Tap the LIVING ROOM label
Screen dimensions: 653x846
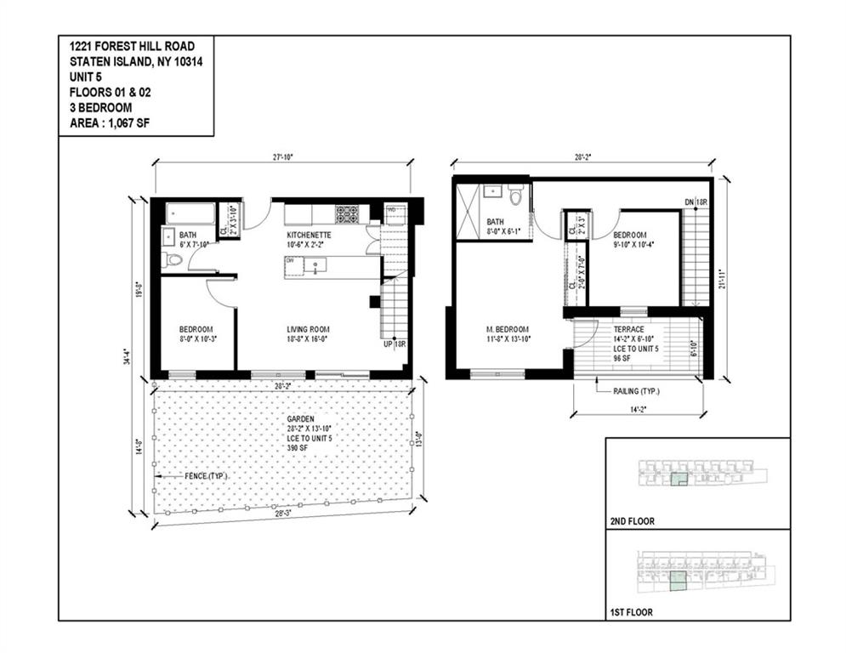tap(309, 330)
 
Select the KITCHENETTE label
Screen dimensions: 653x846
tap(309, 234)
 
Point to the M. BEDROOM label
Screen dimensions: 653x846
tap(507, 330)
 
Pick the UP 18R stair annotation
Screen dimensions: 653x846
tap(392, 344)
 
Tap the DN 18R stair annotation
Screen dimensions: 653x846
tap(696, 202)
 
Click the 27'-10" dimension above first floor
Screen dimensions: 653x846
tap(283, 157)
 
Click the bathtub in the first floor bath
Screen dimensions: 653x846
tap(190, 213)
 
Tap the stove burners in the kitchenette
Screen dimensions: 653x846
tap(347, 213)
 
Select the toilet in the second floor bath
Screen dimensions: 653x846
tap(515, 197)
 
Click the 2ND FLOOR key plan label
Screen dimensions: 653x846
tap(633, 521)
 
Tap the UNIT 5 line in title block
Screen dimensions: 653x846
tap(84, 77)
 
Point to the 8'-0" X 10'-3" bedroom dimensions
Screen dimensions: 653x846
tap(196, 340)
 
